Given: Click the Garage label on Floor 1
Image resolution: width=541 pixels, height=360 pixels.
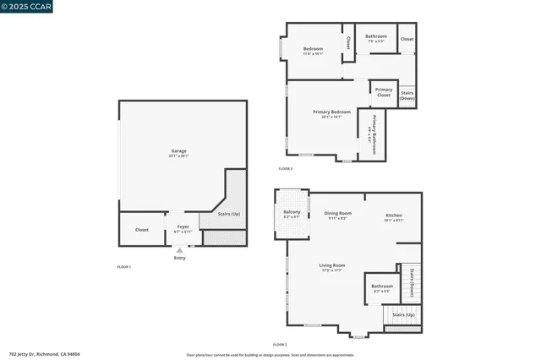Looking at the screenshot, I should (179, 151).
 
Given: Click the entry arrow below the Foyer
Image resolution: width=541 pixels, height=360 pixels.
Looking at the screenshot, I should (178, 250).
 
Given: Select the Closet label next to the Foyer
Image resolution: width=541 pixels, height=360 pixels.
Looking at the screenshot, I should (141, 229).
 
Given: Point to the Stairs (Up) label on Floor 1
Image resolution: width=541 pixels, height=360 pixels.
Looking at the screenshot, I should (229, 214).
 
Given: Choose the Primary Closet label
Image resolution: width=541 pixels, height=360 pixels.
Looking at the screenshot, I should (384, 93).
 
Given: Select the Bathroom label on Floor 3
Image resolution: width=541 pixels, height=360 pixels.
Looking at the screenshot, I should (376, 36).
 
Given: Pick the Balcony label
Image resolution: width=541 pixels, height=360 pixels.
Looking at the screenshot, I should (292, 212).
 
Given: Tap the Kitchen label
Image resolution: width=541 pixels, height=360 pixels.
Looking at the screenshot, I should (394, 215).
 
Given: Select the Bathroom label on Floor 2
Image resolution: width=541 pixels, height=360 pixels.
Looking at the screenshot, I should (381, 286).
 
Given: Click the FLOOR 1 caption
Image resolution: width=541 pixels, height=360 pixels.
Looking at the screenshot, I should (123, 266).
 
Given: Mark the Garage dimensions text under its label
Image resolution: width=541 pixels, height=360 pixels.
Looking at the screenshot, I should (179, 156).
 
